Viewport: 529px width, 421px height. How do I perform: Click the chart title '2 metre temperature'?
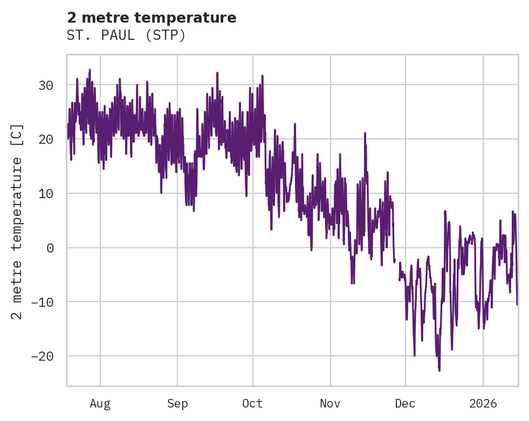point(152,18)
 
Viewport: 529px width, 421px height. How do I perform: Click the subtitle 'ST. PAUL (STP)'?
point(126,36)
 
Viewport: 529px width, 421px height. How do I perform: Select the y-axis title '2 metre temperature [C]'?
point(17,221)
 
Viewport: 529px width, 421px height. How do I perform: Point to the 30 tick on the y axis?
point(46,85)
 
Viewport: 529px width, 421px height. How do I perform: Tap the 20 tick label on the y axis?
point(46,139)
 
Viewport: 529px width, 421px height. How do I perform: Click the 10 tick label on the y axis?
point(46,193)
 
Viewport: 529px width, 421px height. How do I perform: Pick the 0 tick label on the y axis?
point(51,248)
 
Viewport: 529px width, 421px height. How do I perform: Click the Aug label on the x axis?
point(100,403)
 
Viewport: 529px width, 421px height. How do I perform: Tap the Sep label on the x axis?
point(177,403)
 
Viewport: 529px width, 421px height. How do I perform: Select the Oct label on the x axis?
point(252,403)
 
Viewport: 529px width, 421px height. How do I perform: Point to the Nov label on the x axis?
point(330,403)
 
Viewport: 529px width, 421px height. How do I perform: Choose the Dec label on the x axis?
point(405,403)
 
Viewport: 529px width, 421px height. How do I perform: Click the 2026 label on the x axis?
point(483,403)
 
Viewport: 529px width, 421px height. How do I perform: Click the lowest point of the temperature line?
point(439,370)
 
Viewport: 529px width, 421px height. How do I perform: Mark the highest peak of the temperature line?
point(90,69)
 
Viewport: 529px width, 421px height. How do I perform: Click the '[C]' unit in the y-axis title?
point(17,135)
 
